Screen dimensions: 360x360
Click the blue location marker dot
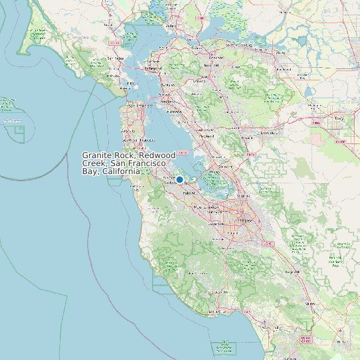[x=179, y=179]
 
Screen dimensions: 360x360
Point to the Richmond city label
[x=153, y=68]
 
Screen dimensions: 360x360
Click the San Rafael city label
[x=116, y=58]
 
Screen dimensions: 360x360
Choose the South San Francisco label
[x=137, y=140]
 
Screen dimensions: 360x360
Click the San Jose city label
[x=245, y=220]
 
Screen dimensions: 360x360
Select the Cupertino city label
[x=216, y=225]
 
